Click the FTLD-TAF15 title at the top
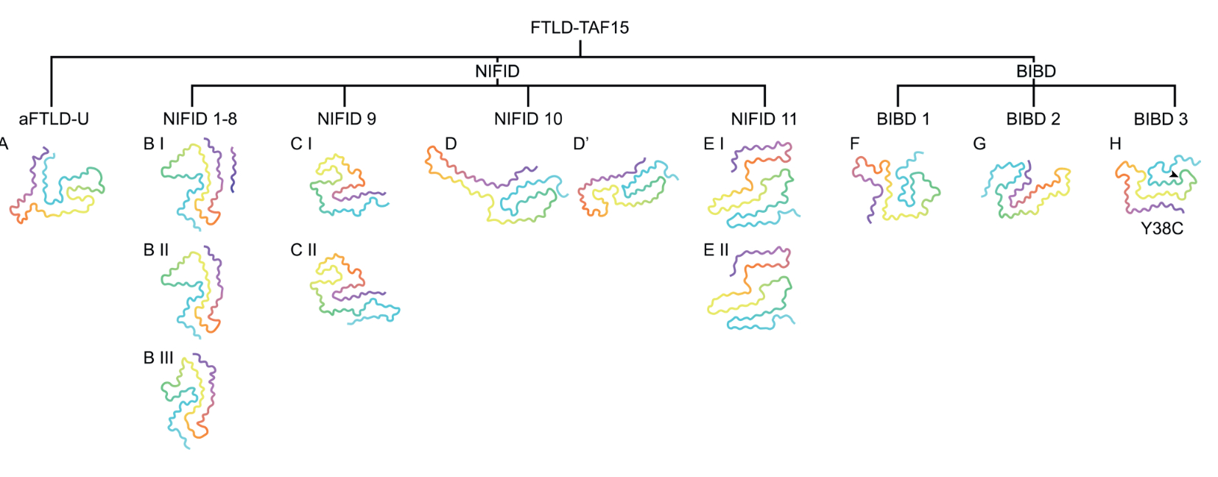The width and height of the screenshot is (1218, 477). [x=580, y=28]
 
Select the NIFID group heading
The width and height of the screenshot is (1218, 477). [x=497, y=71]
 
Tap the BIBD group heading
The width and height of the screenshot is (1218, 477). [x=1035, y=71]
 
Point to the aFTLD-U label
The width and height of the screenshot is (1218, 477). [x=54, y=119]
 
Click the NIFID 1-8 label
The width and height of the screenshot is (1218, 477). [x=200, y=119]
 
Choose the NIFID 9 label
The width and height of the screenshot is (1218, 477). [x=346, y=119]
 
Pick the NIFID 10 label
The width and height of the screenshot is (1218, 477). [x=528, y=119]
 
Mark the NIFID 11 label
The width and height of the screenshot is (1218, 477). [x=764, y=119]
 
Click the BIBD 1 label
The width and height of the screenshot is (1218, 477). [x=903, y=119]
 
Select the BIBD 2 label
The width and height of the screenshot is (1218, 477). [x=1033, y=119]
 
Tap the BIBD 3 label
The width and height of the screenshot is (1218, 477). [x=1161, y=119]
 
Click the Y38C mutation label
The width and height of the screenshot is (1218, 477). [x=1162, y=229]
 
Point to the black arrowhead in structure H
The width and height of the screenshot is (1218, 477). [x=1174, y=174]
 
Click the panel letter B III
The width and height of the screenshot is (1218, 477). [x=158, y=358]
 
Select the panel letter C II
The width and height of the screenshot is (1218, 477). [x=303, y=250]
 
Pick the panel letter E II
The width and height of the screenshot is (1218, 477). [x=716, y=250]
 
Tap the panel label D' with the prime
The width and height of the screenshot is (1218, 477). [x=581, y=144]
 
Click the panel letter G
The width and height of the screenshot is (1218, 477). [x=979, y=144]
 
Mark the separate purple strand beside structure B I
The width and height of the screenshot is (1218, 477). [x=233, y=169]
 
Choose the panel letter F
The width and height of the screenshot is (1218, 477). [x=854, y=144]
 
